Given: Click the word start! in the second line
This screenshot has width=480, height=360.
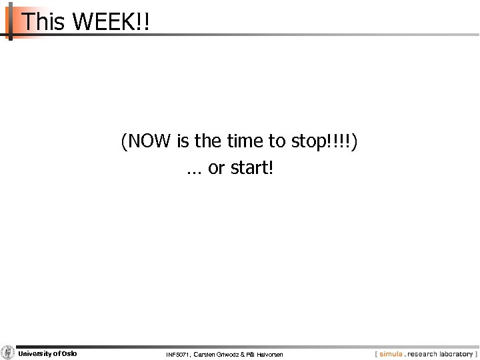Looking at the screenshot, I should [x=250, y=169].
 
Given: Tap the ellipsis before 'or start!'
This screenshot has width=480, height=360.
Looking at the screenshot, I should [x=194, y=171].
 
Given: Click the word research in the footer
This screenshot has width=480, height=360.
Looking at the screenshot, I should [x=418, y=353].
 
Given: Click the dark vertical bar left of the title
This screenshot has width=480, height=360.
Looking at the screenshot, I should [x=10, y=20].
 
